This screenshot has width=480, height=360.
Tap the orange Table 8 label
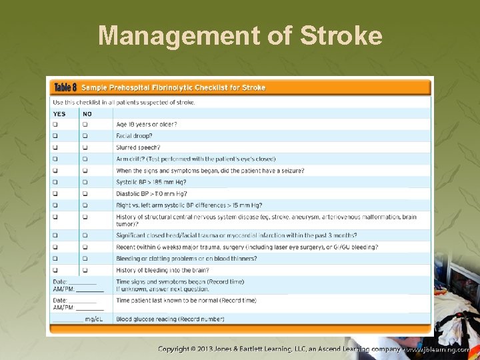[x=65, y=87]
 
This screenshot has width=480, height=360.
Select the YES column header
[x=59, y=113]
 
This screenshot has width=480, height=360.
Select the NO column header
[x=87, y=113]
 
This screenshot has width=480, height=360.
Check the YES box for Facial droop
[x=55, y=136]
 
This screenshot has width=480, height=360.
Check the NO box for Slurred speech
[x=85, y=147]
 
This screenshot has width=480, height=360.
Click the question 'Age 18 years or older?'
[x=146, y=125]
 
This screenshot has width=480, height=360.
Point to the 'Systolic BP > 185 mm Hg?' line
[x=151, y=182]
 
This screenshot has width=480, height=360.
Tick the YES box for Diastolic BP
[x=55, y=193]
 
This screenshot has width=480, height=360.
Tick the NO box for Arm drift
[x=85, y=159]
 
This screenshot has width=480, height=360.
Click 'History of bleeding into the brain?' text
[x=162, y=270]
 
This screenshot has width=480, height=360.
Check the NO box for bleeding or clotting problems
[x=85, y=259]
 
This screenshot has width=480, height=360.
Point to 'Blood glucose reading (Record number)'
[x=170, y=319]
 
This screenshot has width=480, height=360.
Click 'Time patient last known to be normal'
[x=186, y=301]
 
